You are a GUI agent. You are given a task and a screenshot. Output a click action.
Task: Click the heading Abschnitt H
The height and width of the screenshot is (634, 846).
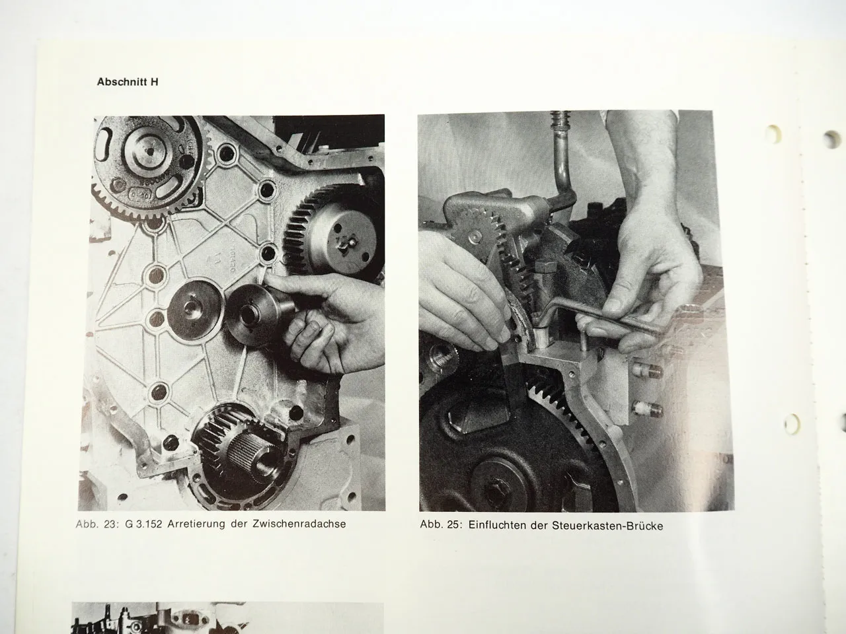click(x=127, y=83)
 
